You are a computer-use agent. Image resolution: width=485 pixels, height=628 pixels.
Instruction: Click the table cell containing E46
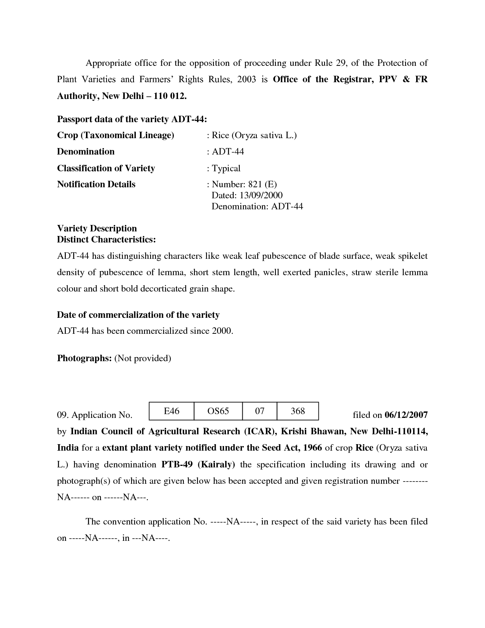tap(172, 411)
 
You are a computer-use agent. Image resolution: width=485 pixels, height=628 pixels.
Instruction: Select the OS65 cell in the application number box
tap(218, 411)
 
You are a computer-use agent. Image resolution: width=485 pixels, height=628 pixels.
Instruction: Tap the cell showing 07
tap(259, 411)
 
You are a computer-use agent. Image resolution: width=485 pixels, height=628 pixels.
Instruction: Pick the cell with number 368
tap(297, 411)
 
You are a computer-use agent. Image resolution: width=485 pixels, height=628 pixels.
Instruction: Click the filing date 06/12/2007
tap(406, 415)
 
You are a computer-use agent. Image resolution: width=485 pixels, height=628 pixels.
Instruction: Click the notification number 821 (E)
tap(262, 185)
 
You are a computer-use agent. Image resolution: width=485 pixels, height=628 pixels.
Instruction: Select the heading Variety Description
tap(97, 228)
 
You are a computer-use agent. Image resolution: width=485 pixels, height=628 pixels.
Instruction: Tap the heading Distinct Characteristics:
tap(107, 239)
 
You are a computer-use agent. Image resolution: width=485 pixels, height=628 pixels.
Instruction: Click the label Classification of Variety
tap(106, 168)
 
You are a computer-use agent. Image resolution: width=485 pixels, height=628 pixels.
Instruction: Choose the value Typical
tap(226, 168)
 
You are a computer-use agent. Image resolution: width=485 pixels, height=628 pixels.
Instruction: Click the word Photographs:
tap(84, 358)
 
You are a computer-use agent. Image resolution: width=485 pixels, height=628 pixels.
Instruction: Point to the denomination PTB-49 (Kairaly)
tap(198, 465)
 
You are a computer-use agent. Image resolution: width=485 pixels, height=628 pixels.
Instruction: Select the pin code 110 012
tap(170, 96)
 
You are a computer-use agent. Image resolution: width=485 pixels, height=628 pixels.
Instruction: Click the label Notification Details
tap(96, 185)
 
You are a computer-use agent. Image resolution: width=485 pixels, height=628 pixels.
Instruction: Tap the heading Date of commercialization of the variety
tap(138, 315)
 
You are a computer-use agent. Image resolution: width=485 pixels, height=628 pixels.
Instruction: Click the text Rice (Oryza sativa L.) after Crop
tap(254, 135)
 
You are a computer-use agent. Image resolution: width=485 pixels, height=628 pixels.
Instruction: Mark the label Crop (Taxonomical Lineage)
tap(116, 135)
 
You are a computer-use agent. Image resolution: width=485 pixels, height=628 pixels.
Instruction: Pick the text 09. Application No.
tap(95, 415)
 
